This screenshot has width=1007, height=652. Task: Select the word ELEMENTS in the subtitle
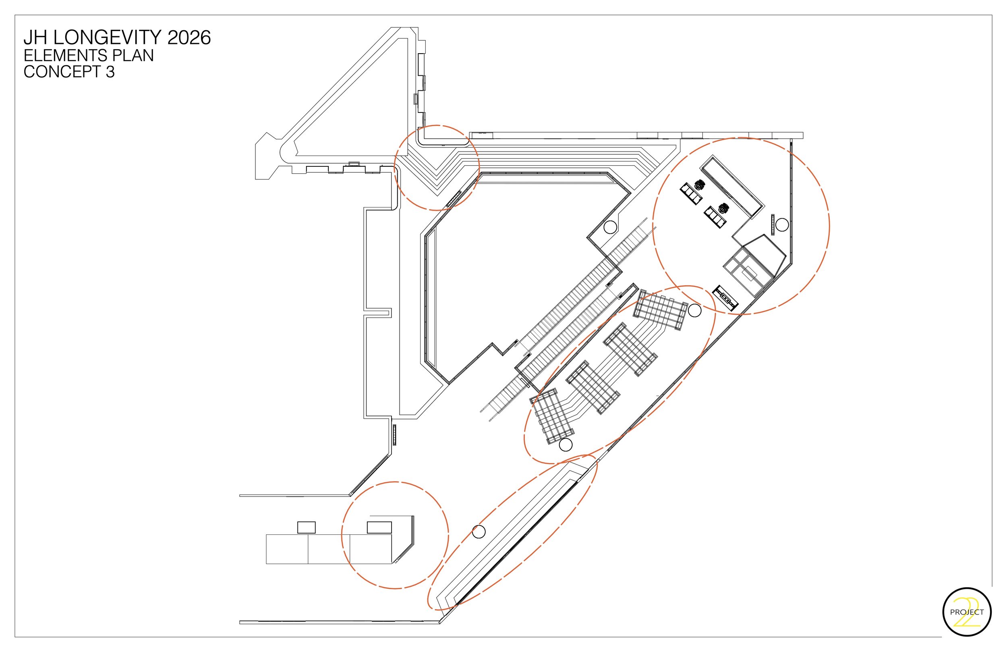point(59,56)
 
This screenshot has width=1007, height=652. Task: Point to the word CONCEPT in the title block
point(61,72)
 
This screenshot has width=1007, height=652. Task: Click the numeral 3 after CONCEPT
point(110,72)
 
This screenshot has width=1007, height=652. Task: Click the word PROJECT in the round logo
point(967,612)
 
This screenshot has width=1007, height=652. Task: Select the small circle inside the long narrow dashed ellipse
point(479,532)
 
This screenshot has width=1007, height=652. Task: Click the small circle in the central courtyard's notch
point(610,227)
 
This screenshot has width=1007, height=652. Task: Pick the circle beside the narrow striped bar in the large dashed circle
point(781,225)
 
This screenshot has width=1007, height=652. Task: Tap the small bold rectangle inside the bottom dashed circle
point(379,527)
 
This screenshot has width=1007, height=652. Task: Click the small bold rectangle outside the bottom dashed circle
point(307,527)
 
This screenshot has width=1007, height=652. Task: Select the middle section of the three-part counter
point(329,549)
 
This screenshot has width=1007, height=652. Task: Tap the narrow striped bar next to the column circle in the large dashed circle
point(773,224)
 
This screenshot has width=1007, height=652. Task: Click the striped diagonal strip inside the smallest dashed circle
point(454,199)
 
